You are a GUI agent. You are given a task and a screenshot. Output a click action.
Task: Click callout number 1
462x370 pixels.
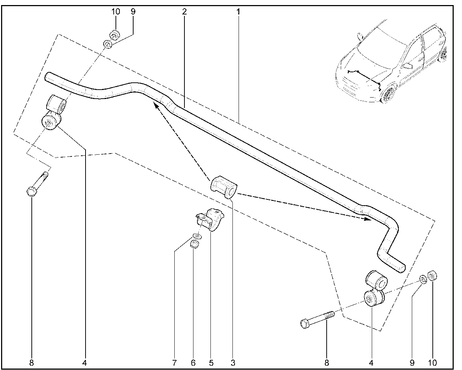click(x=238, y=12)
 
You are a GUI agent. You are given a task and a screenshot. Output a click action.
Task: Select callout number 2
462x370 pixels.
click(x=184, y=12)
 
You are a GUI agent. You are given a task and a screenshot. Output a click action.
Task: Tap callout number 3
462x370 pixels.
click(x=233, y=362)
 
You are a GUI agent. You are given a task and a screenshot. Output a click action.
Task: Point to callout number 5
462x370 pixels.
click(x=211, y=362)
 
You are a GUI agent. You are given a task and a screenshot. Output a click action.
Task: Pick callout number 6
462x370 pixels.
click(x=193, y=362)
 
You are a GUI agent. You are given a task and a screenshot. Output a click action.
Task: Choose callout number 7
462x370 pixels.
click(x=174, y=362)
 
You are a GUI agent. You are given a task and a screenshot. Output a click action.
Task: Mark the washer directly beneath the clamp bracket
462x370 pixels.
click(x=197, y=236)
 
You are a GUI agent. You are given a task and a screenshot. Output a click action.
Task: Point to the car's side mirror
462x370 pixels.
click(x=408, y=65)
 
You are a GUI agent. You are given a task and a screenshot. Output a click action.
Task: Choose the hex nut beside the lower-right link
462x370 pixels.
click(x=432, y=276)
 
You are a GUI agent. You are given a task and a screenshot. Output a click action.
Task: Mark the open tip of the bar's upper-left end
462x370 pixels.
click(x=47, y=77)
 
